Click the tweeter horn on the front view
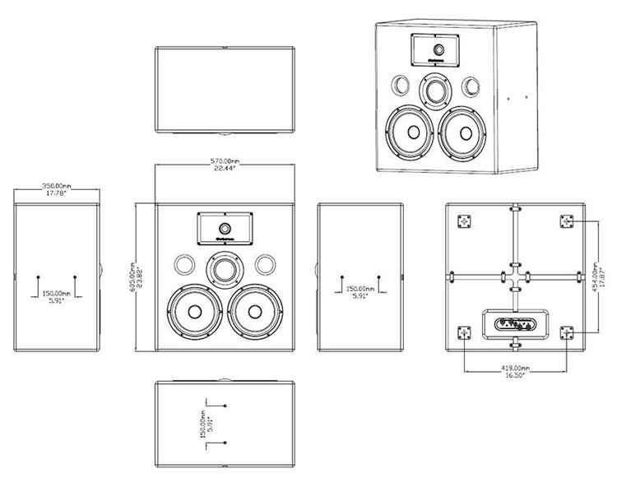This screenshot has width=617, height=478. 225,228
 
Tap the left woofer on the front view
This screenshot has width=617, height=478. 194,312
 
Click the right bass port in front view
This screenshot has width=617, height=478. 264,266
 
